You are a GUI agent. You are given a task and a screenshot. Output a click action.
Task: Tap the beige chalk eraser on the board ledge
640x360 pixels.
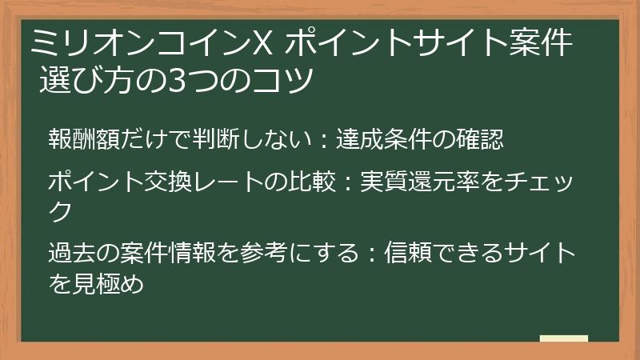[x=563, y=339]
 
